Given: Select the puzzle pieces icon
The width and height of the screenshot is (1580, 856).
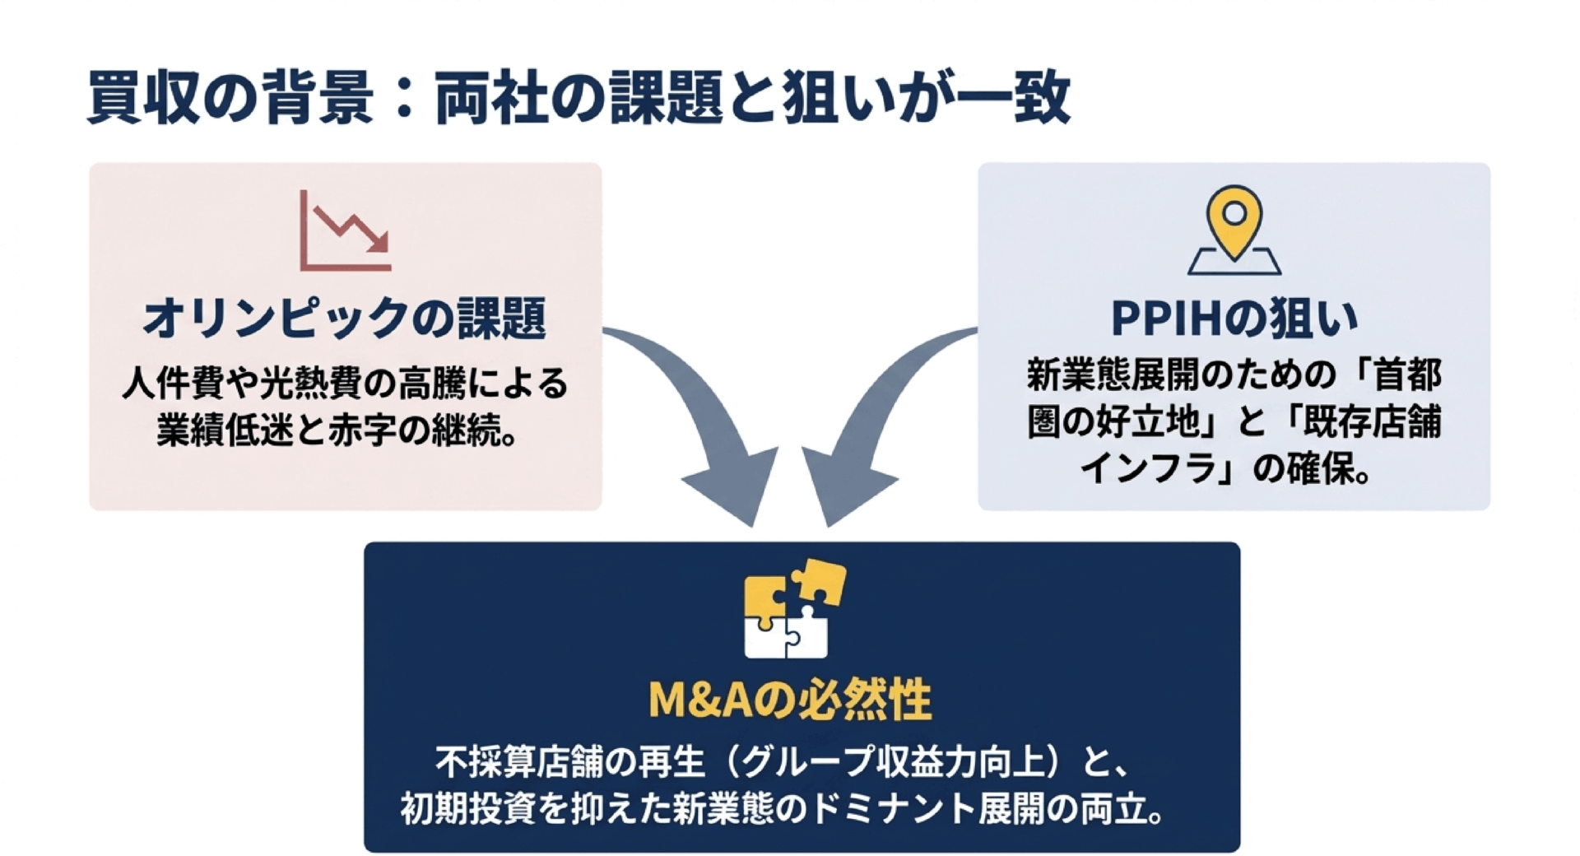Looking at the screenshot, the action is coord(794,609).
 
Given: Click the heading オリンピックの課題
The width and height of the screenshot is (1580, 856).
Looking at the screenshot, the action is coord(345,319).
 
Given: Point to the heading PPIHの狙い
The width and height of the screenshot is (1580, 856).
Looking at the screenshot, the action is coord(1234,318).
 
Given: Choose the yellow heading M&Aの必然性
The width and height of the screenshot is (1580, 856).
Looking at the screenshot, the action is coord(790,700).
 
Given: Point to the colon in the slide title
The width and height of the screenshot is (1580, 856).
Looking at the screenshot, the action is coord(404,99).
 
